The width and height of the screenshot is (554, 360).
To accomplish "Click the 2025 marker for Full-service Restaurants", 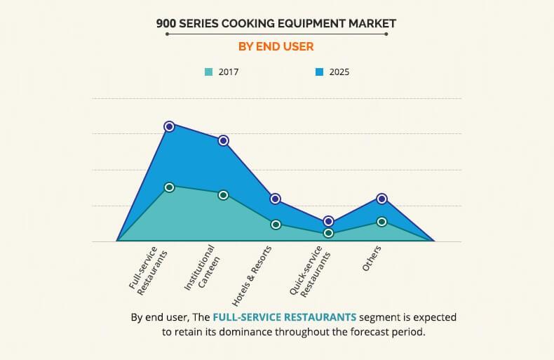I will [x=169, y=126].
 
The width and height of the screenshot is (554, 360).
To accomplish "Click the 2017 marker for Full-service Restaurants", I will [x=169, y=187].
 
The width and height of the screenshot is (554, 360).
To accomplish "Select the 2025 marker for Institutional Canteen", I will [x=223, y=140].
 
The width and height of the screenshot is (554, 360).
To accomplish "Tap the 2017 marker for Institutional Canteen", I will [x=223, y=194].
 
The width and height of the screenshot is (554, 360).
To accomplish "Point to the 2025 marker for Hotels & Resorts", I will [x=276, y=199].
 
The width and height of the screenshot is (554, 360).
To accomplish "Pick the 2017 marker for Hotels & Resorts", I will [x=276, y=225].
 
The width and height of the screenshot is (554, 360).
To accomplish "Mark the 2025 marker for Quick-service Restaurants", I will [x=328, y=221].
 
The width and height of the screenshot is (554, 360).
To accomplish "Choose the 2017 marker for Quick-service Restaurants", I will [x=328, y=233].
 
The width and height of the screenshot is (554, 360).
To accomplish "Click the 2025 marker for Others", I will [x=381, y=199].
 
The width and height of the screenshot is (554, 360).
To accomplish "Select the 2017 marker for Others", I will [x=381, y=222].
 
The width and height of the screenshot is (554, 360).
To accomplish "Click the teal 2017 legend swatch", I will [x=208, y=72].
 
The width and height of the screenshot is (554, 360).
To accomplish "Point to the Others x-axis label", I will [x=372, y=260].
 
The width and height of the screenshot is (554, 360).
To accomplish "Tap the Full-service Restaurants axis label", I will [x=148, y=269].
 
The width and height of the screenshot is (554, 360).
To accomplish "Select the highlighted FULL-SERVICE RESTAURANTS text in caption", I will [x=285, y=317].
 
